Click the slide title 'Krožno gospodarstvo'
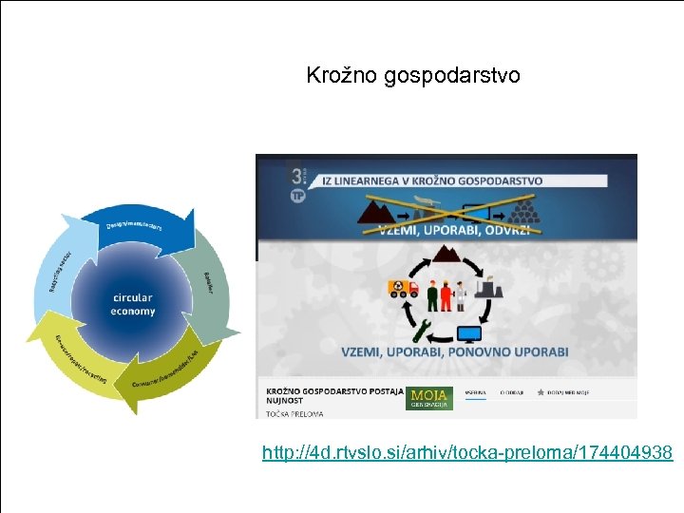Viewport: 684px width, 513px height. click(413, 75)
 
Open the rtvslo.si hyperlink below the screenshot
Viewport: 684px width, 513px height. click(467, 453)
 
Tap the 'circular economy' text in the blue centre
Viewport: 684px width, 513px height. click(133, 305)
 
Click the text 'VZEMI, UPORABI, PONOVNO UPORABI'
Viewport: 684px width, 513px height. click(455, 351)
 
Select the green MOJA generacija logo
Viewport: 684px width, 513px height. click(428, 398)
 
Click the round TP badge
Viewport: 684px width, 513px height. click(296, 195)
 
